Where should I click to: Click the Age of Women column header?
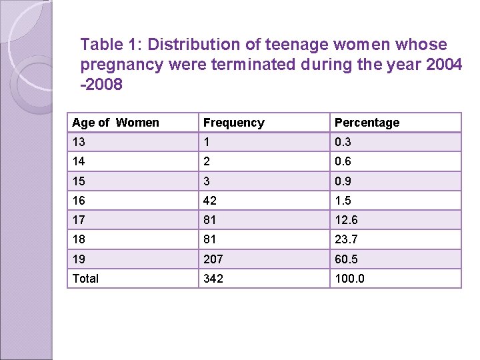[x=115, y=123]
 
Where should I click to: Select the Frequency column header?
[x=233, y=123]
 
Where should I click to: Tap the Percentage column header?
[x=367, y=123]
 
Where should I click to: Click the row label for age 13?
[x=79, y=142]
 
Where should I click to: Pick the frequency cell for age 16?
[x=211, y=201]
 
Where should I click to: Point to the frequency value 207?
[x=213, y=259]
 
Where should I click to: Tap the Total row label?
[x=85, y=279]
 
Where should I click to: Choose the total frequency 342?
[x=213, y=279]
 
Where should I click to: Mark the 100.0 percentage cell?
[x=349, y=279]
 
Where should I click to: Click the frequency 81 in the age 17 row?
[x=211, y=220]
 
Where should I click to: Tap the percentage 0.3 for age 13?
[x=343, y=142]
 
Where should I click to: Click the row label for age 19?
[x=79, y=259]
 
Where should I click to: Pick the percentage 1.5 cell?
[x=343, y=201]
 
